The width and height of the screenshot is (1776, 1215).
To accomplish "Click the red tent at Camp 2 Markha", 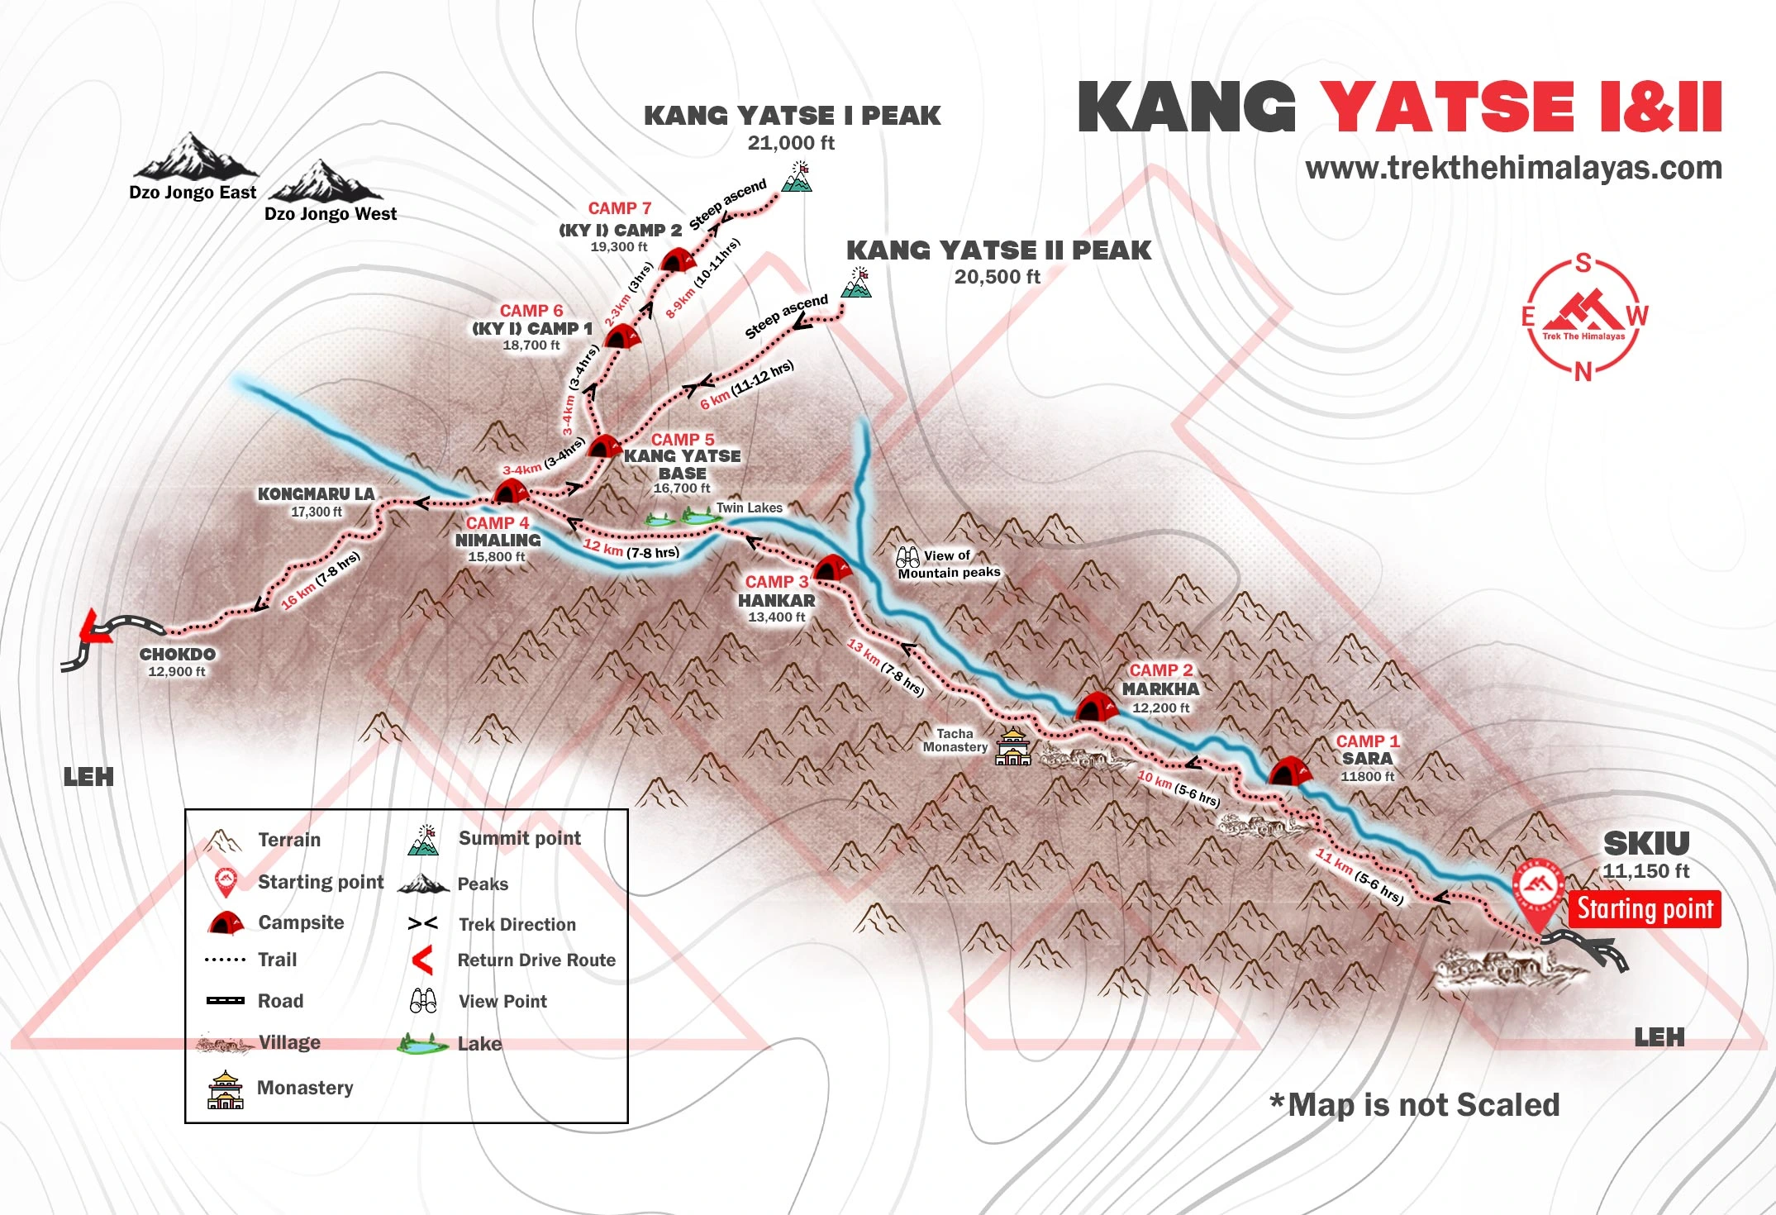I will (1097, 708).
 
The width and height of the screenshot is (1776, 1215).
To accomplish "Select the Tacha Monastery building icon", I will (1013, 747).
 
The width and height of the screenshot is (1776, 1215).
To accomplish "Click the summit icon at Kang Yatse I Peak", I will (798, 178).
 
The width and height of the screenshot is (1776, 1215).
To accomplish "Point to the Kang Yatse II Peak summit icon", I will (857, 283).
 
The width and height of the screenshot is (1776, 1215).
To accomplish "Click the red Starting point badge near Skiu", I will (1644, 908).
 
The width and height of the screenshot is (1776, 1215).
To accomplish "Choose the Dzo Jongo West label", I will (330, 214).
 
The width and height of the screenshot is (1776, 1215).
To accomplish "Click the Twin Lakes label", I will (749, 507).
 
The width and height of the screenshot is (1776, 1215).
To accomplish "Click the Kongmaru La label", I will (316, 494).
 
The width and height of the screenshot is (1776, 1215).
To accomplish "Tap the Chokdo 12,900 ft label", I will (177, 662).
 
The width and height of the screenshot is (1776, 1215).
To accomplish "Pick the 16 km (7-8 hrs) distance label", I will (321, 580).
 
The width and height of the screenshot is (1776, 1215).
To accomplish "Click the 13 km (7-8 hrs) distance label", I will (885, 668).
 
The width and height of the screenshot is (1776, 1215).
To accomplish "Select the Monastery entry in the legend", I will (304, 1088).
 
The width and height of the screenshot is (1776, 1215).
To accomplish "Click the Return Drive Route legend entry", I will (536, 960).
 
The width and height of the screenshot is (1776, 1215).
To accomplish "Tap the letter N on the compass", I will (1582, 372).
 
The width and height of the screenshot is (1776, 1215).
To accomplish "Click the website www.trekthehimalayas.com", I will (1513, 168).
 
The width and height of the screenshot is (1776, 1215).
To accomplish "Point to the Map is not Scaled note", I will (1414, 1105).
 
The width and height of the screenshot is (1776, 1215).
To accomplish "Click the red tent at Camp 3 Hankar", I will (831, 569).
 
